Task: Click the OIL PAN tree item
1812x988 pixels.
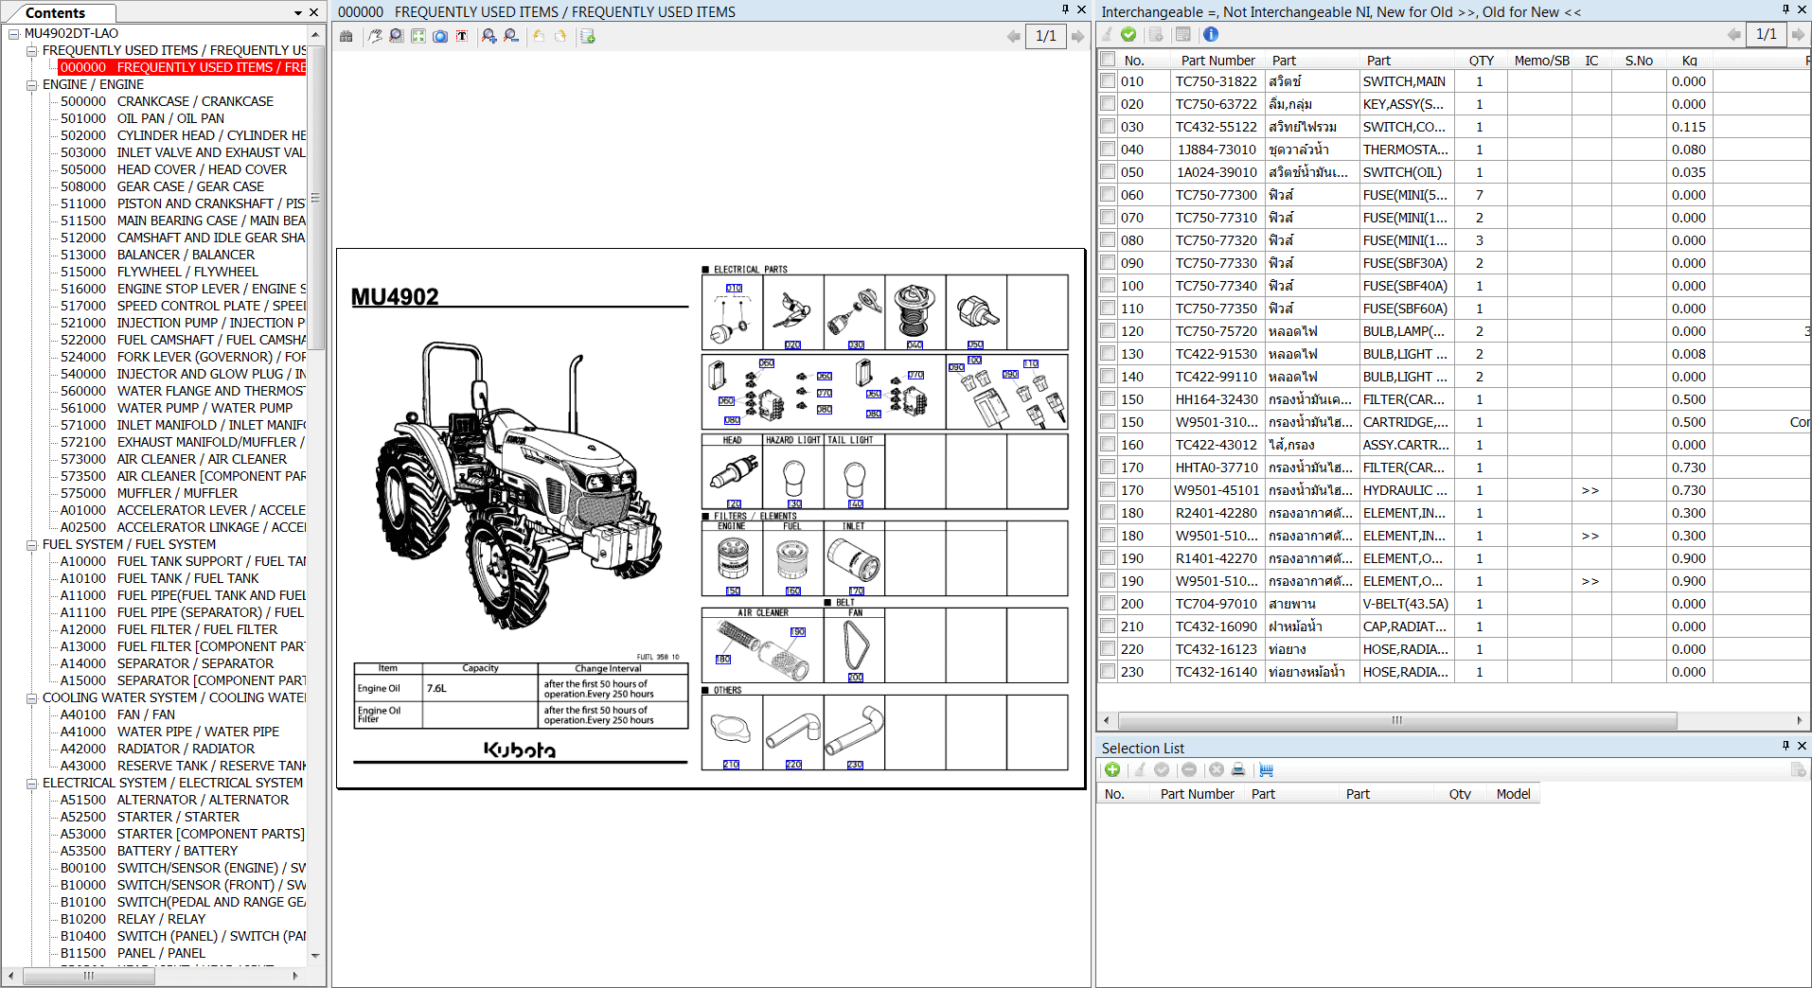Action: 170,118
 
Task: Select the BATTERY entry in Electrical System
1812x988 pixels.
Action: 177,851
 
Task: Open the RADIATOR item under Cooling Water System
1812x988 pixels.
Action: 185,749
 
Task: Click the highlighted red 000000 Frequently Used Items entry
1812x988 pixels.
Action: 182,67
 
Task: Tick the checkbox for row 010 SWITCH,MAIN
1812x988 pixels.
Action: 1108,81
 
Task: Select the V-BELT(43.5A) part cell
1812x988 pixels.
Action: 1405,604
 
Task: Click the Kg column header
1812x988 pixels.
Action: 1689,61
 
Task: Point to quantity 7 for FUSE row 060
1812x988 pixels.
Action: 1479,195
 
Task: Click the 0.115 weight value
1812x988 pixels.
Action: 1688,127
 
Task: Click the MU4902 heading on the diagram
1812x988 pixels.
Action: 395,297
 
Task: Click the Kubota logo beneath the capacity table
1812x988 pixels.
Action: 520,750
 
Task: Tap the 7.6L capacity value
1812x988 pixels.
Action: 437,688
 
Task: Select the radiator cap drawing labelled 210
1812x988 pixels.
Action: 731,729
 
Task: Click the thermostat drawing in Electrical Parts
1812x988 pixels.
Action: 915,310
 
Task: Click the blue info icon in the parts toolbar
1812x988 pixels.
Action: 1211,34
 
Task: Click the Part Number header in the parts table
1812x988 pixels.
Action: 1217,61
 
